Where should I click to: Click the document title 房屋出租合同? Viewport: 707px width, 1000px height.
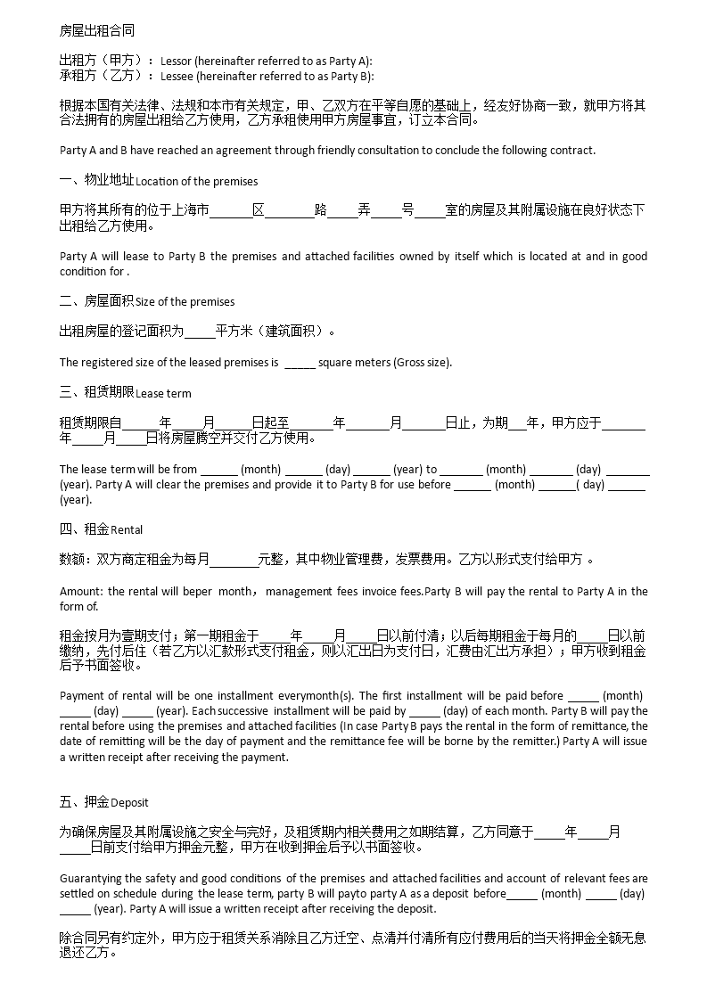point(97,30)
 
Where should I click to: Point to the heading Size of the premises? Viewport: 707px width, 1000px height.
point(185,302)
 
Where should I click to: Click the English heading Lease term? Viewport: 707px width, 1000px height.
point(163,393)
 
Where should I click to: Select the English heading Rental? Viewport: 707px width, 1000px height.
point(127,530)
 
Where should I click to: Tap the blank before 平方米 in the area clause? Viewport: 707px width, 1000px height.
point(200,332)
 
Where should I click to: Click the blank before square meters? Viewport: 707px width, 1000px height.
point(300,363)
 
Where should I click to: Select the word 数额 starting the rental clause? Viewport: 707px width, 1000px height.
point(71,560)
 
